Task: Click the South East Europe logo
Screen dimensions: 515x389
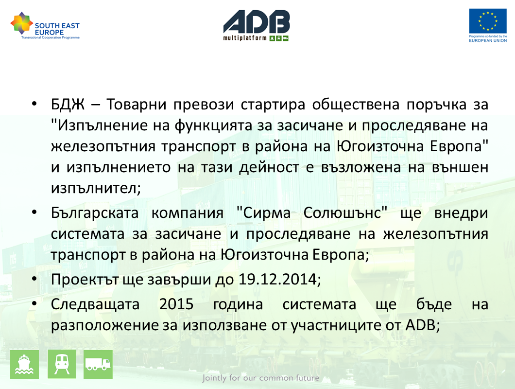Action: (45, 26)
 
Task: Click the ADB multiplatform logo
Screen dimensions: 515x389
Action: (256, 25)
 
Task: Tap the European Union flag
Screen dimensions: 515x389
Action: (488, 21)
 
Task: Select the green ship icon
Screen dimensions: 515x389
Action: (25, 364)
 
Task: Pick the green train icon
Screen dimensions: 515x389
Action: (62, 364)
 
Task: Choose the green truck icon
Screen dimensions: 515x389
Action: (98, 364)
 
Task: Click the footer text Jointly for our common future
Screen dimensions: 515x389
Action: (261, 378)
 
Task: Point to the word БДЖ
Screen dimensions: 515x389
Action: (68, 105)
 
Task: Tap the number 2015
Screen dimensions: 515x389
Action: (176, 304)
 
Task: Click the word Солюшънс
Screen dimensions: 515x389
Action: (345, 213)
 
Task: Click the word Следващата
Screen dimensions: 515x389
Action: (95, 304)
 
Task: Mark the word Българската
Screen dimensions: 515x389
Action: (95, 213)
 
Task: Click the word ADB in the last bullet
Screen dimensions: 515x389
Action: (420, 325)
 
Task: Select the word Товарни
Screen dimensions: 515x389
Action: (137, 105)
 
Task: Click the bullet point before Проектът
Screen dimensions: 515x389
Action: (34, 280)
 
